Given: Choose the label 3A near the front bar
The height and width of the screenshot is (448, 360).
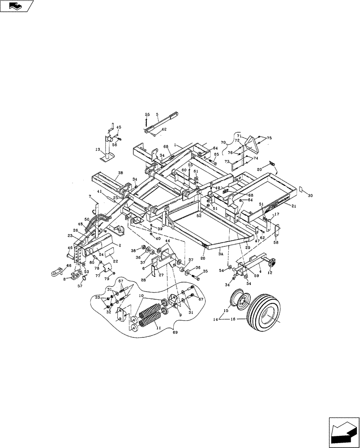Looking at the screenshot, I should pyautogui.click(x=221, y=254).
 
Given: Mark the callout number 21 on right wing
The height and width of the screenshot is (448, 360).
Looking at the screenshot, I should pyautogui.click(x=294, y=207).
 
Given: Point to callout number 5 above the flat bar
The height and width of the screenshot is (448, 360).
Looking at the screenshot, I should pyautogui.click(x=157, y=115).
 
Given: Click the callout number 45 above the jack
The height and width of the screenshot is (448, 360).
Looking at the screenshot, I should pyautogui.click(x=119, y=127).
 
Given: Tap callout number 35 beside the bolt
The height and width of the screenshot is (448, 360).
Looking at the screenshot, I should pyautogui.click(x=205, y=271).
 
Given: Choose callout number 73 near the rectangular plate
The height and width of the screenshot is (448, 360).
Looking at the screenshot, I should pyautogui.click(x=227, y=161).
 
